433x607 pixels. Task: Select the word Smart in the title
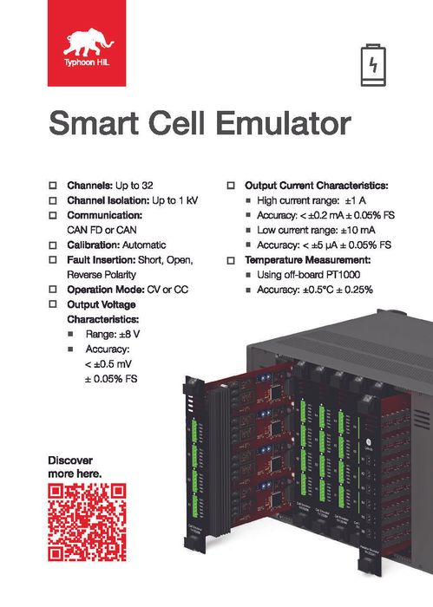pyautogui.click(x=93, y=124)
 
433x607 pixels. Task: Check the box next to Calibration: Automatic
pyautogui.click(x=53, y=245)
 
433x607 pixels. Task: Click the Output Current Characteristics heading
pyautogui.click(x=316, y=186)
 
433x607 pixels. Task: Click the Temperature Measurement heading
pyautogui.click(x=308, y=260)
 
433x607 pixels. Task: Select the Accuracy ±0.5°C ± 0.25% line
pyautogui.click(x=314, y=290)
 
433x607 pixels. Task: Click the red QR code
pyautogui.click(x=86, y=522)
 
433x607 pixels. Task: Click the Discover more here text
pyautogui.click(x=75, y=467)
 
